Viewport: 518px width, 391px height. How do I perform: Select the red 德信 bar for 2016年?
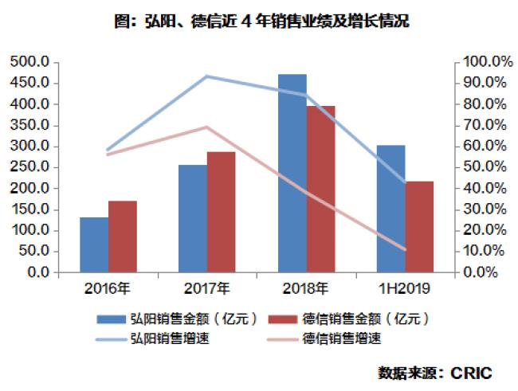point(122,237)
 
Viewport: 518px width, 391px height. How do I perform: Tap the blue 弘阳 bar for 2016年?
point(93,244)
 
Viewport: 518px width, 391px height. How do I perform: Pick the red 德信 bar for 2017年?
point(221,212)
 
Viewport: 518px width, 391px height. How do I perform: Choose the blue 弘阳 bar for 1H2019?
point(390,209)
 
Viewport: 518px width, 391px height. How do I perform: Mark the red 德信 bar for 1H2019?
point(419,227)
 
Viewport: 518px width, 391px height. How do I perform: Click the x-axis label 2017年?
point(206,287)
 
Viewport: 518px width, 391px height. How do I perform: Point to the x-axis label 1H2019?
point(405,287)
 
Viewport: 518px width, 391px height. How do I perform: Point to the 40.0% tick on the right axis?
point(483,189)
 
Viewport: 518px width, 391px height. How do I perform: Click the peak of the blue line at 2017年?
point(206,76)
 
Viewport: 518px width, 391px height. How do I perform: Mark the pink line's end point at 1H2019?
point(405,249)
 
